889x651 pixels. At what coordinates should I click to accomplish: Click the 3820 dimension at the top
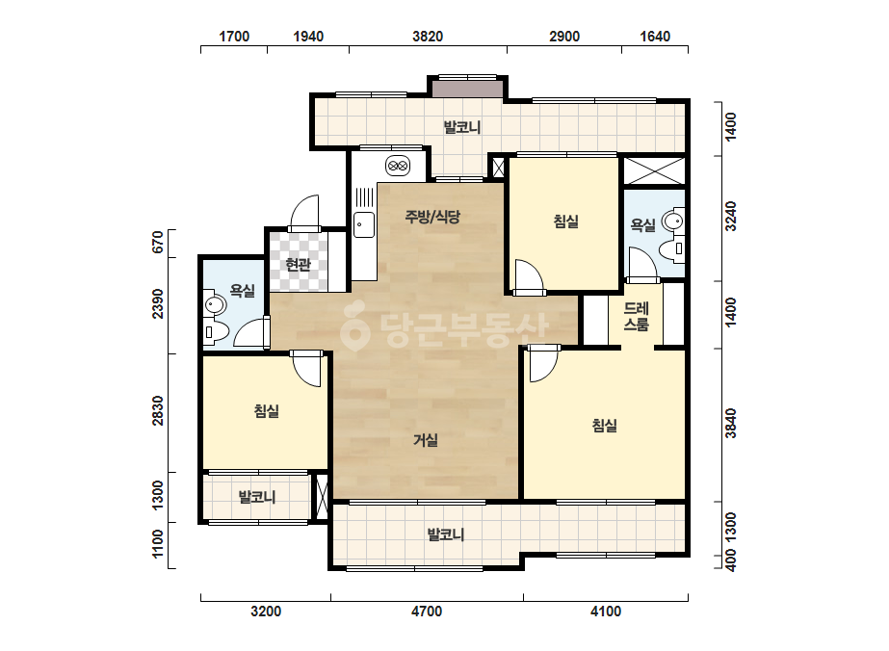pyautogui.click(x=428, y=37)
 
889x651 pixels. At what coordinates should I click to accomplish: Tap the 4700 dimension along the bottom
pyautogui.click(x=427, y=612)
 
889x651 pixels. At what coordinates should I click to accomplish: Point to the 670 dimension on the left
pyautogui.click(x=158, y=242)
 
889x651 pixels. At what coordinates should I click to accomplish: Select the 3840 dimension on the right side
pyautogui.click(x=731, y=423)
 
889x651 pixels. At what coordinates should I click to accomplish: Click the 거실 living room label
pyautogui.click(x=425, y=439)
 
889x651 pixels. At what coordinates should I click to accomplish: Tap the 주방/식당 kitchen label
pyautogui.click(x=432, y=216)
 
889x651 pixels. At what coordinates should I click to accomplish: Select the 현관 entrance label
pyautogui.click(x=299, y=264)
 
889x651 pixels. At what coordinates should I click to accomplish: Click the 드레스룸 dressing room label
pyautogui.click(x=636, y=317)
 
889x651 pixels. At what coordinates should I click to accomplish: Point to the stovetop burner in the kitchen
pyautogui.click(x=398, y=167)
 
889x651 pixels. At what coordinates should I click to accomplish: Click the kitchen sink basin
pyautogui.click(x=364, y=225)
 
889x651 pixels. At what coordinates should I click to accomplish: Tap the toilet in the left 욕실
pyautogui.click(x=216, y=331)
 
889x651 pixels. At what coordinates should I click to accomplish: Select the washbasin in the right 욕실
pyautogui.click(x=673, y=221)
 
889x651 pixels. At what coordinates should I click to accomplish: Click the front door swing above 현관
pyautogui.click(x=304, y=213)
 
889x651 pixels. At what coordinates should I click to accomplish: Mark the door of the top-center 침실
pyautogui.click(x=530, y=277)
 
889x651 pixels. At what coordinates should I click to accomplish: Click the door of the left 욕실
pyautogui.click(x=250, y=332)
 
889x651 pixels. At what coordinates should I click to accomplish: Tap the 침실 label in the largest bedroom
pyautogui.click(x=604, y=426)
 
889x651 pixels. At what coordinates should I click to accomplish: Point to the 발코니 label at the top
pyautogui.click(x=462, y=127)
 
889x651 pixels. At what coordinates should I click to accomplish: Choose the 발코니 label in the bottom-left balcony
pyautogui.click(x=257, y=497)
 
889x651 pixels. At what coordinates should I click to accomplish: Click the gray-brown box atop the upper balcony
pyautogui.click(x=467, y=89)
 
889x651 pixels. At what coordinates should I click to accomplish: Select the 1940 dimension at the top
pyautogui.click(x=308, y=37)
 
